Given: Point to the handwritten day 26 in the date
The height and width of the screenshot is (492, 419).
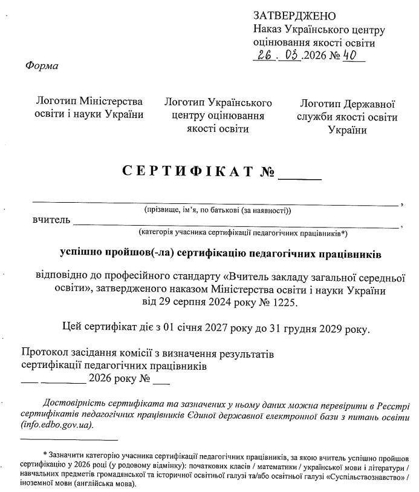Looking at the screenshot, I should (x=265, y=56).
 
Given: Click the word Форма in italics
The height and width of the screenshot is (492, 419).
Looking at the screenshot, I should (x=42, y=65).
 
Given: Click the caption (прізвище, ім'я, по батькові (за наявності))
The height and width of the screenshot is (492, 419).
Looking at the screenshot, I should (x=218, y=211).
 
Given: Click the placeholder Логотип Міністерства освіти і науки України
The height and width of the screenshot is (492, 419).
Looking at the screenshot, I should (x=89, y=107).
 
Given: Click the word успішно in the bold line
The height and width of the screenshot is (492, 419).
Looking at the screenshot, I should (x=82, y=251).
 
